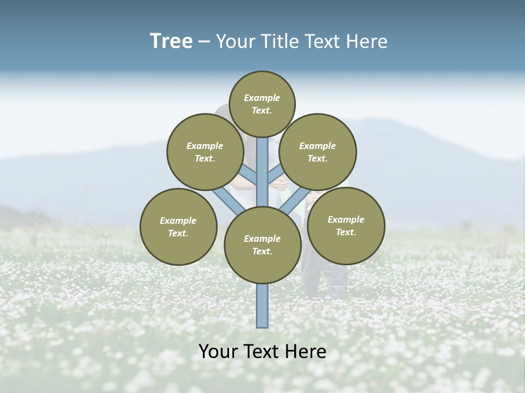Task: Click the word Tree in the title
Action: point(171,41)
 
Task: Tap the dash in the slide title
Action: point(204,42)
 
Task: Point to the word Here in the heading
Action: point(367,41)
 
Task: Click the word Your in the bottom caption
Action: point(218,352)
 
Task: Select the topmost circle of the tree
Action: point(262,104)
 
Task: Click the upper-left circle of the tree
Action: point(205,152)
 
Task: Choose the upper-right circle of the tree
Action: point(318,152)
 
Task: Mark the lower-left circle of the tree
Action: point(178,227)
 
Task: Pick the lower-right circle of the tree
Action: point(346,225)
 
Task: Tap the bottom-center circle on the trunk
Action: point(262,245)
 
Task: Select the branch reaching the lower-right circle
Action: point(295,201)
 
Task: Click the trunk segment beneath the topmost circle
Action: point(262,164)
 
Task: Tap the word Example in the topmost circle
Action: point(262,98)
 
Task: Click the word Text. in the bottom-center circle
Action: point(262,251)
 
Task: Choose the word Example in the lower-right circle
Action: point(346,219)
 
